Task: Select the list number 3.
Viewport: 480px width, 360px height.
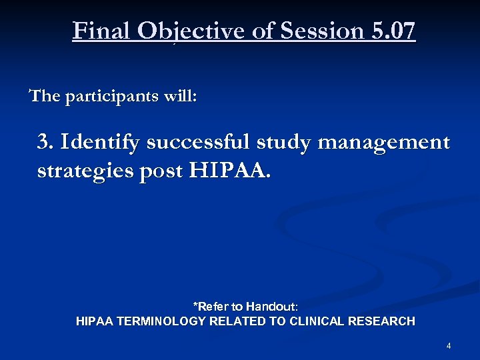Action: [45, 142]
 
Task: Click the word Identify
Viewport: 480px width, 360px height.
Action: [100, 143]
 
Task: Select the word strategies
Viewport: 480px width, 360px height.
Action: [85, 171]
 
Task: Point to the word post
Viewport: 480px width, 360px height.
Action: [161, 171]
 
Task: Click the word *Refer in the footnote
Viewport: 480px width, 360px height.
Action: [209, 307]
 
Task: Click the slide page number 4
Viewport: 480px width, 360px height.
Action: [449, 346]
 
